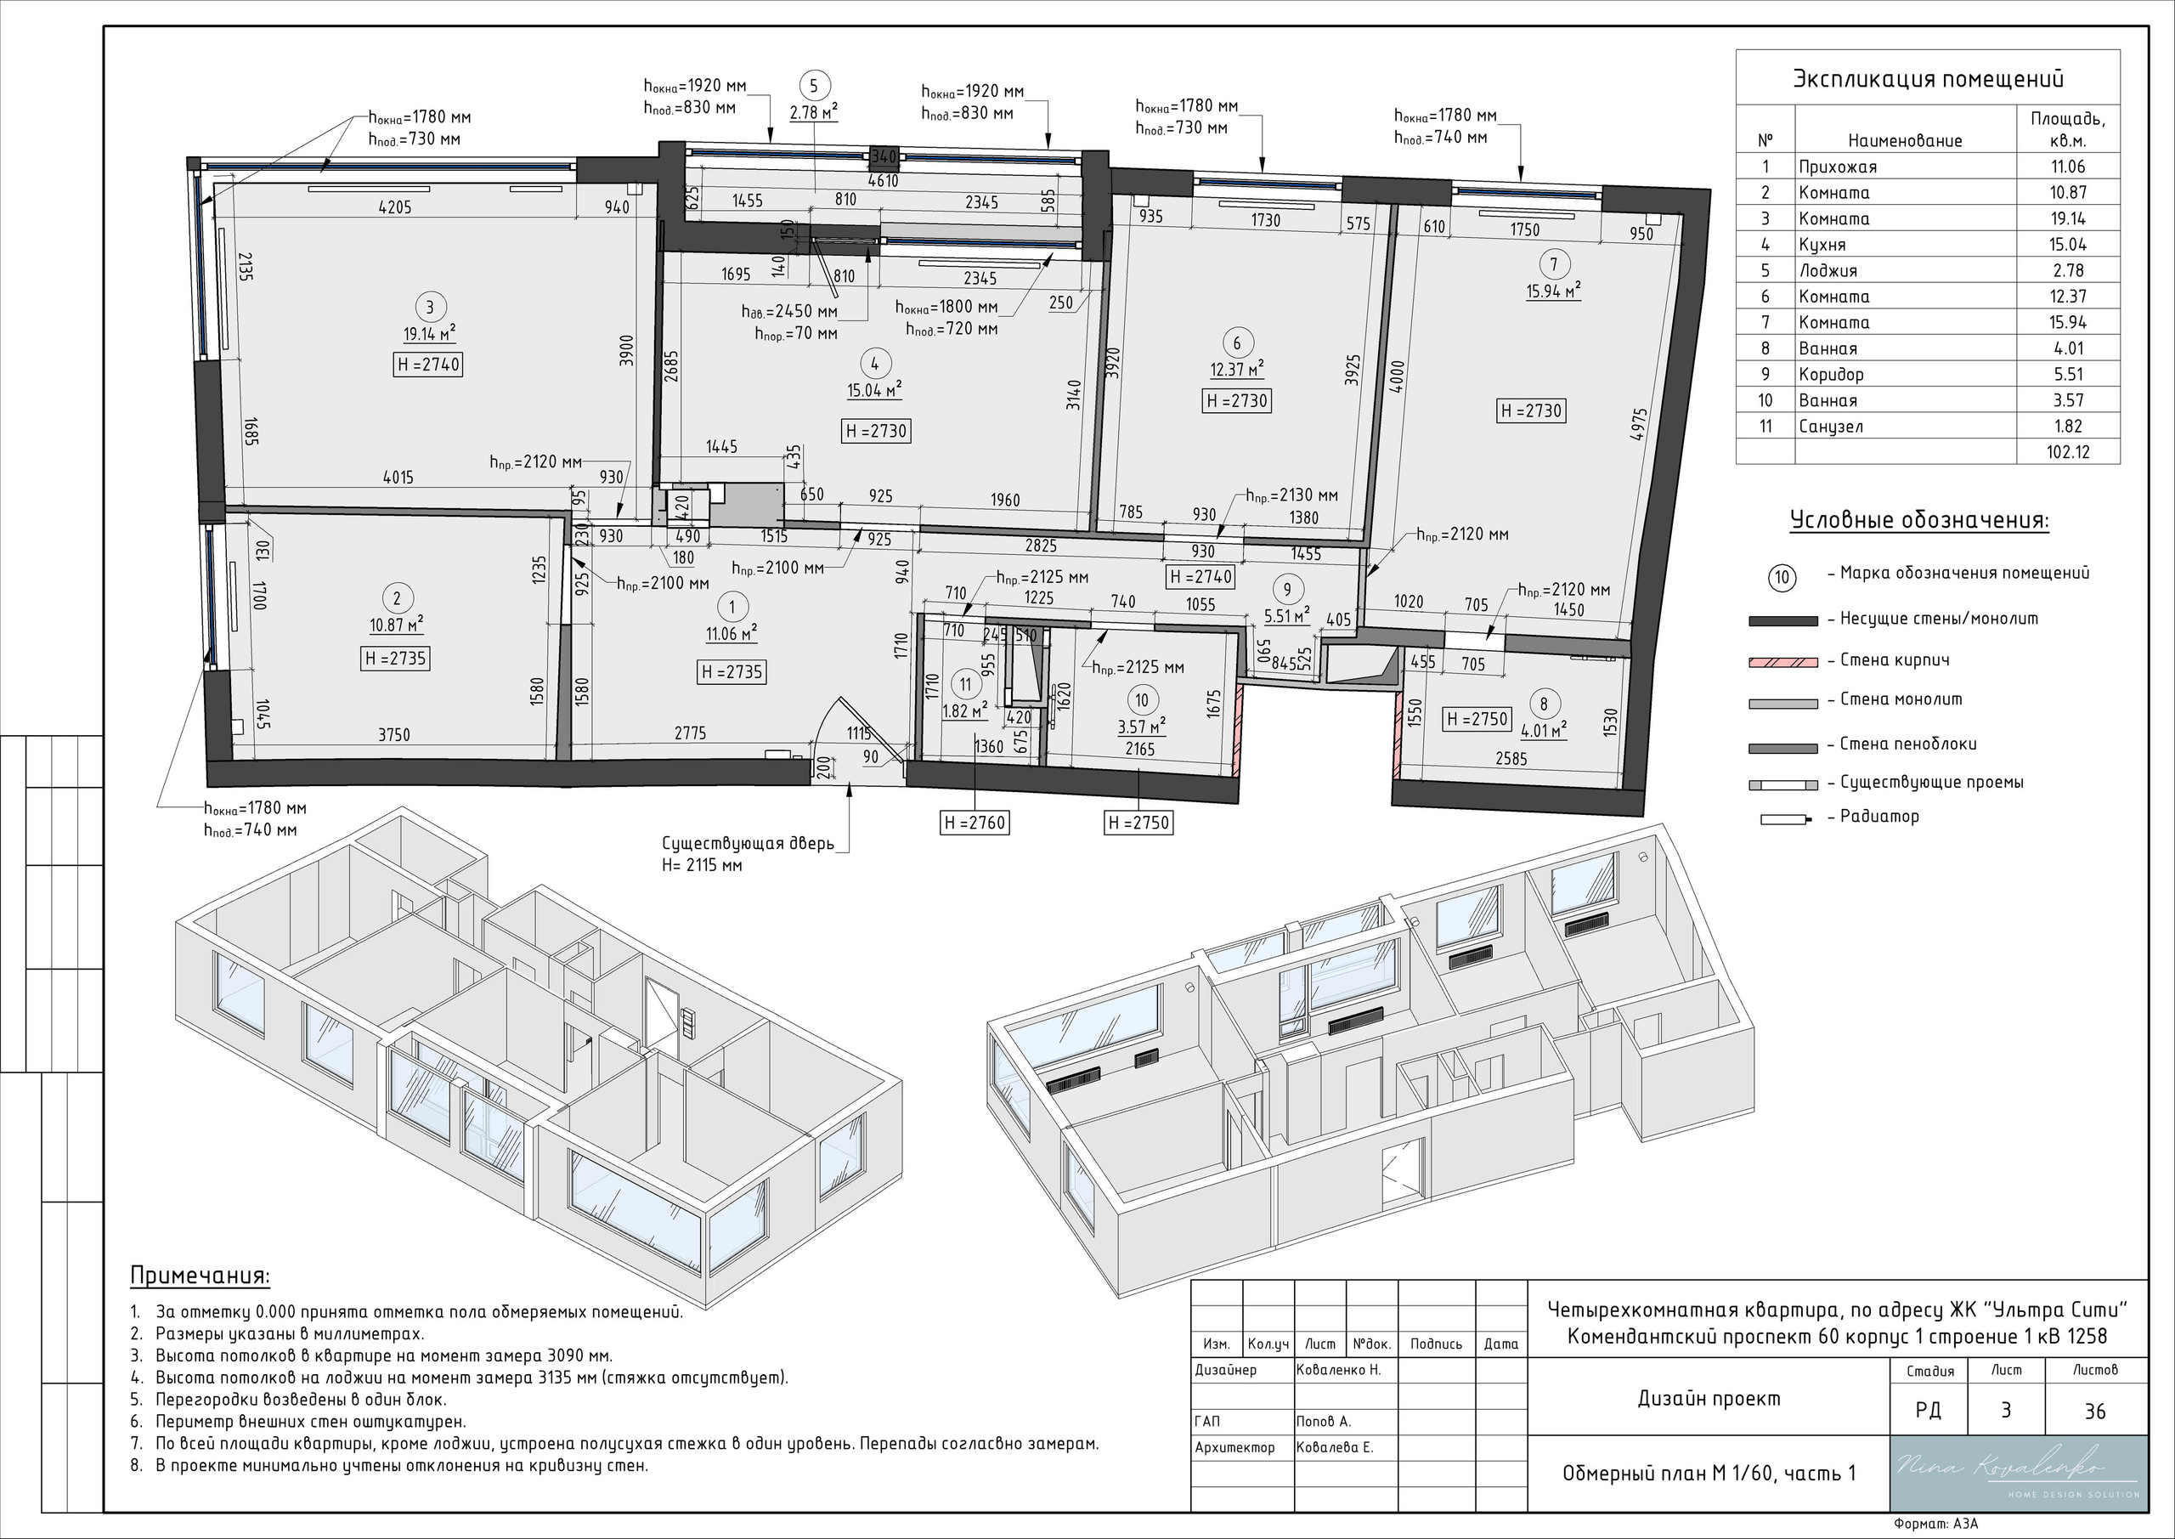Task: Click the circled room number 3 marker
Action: pyautogui.click(x=430, y=307)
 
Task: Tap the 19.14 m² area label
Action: pyautogui.click(x=430, y=332)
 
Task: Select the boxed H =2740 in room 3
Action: pyautogui.click(x=428, y=364)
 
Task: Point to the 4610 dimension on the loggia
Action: pyautogui.click(x=883, y=180)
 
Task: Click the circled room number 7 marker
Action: pyautogui.click(x=1554, y=264)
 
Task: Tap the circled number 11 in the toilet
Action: pyautogui.click(x=965, y=684)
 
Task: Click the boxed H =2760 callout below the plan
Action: pyautogui.click(x=975, y=823)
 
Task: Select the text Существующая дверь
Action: pyautogui.click(x=748, y=843)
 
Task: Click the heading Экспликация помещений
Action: pyautogui.click(x=1928, y=80)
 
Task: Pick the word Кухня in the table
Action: pyautogui.click(x=1822, y=245)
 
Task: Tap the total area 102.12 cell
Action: pyautogui.click(x=2068, y=452)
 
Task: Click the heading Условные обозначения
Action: pyautogui.click(x=1919, y=521)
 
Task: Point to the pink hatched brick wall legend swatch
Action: pyautogui.click(x=1782, y=661)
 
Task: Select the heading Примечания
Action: pyautogui.click(x=200, y=1276)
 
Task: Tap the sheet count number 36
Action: pyautogui.click(x=2095, y=1411)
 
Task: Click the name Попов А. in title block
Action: pyautogui.click(x=1324, y=1422)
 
